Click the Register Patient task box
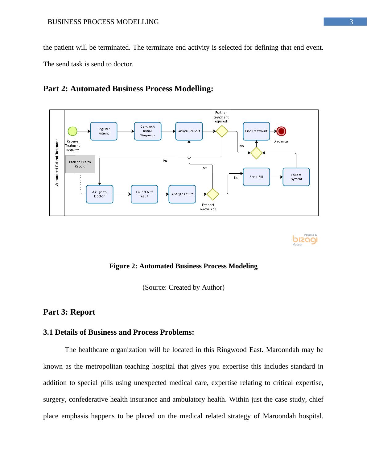(x=104, y=131)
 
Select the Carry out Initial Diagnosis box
(x=147, y=131)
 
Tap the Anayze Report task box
(x=189, y=131)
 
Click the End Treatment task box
(x=256, y=131)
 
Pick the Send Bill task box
(x=256, y=177)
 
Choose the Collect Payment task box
(x=296, y=177)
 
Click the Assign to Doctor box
(x=99, y=194)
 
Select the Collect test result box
(x=144, y=194)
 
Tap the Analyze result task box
(x=182, y=194)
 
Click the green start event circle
(x=72, y=131)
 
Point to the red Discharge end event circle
(x=281, y=131)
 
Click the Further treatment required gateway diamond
(x=222, y=131)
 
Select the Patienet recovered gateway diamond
(x=212, y=194)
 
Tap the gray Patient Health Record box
(x=80, y=164)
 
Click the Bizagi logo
(x=305, y=240)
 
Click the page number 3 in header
(x=351, y=22)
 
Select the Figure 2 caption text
(x=183, y=266)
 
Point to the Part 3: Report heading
(x=69, y=312)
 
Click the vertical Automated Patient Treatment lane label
(x=57, y=163)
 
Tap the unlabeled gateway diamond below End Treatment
(x=256, y=153)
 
